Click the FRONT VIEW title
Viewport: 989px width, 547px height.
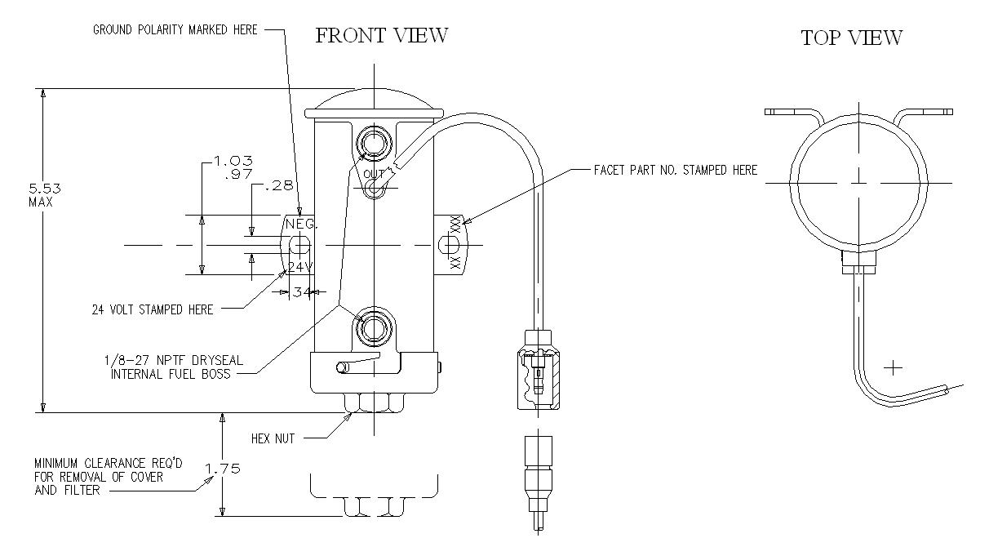[381, 36]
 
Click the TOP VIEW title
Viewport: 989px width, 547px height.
[852, 38]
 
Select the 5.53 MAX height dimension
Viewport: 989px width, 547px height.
[45, 195]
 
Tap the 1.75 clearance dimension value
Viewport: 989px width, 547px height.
[223, 468]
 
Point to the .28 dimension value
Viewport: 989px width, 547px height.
[279, 185]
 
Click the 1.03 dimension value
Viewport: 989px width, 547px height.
[233, 160]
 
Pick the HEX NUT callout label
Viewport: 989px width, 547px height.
[273, 438]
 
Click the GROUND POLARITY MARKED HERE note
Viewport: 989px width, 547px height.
[175, 29]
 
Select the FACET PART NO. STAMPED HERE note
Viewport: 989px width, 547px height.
[676, 170]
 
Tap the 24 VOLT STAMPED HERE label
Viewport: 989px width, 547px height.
[153, 309]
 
